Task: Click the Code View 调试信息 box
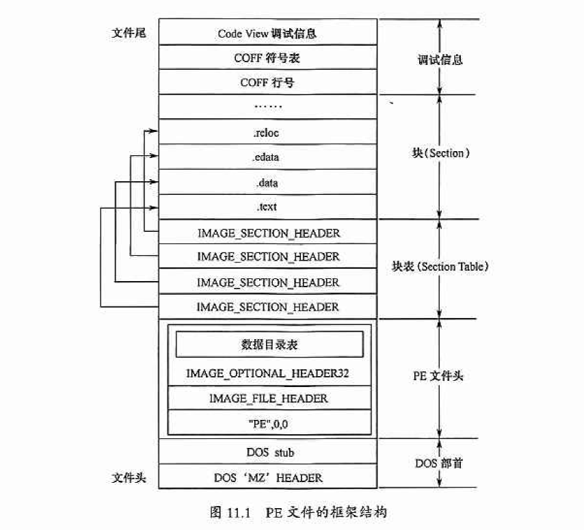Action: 267,33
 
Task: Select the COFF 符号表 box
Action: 267,58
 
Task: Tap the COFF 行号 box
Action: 267,83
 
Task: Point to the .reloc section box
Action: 267,133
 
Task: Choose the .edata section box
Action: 267,157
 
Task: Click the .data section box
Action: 267,183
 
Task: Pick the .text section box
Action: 267,207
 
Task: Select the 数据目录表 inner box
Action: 269,345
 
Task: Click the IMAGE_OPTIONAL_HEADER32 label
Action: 269,373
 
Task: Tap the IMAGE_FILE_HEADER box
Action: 269,398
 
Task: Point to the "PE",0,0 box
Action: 269,423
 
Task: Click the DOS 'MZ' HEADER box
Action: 267,477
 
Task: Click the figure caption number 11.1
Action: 239,512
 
